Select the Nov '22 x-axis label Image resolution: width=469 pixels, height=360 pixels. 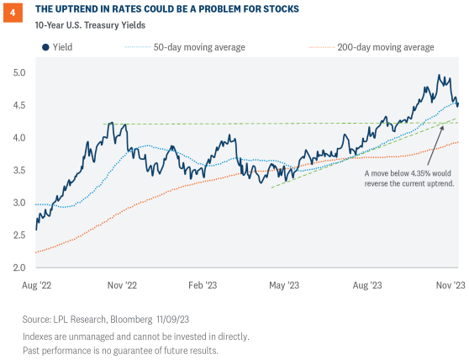(122, 285)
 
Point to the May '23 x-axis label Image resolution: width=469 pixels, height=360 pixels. (283, 285)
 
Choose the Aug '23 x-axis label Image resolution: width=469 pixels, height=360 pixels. (367, 285)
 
